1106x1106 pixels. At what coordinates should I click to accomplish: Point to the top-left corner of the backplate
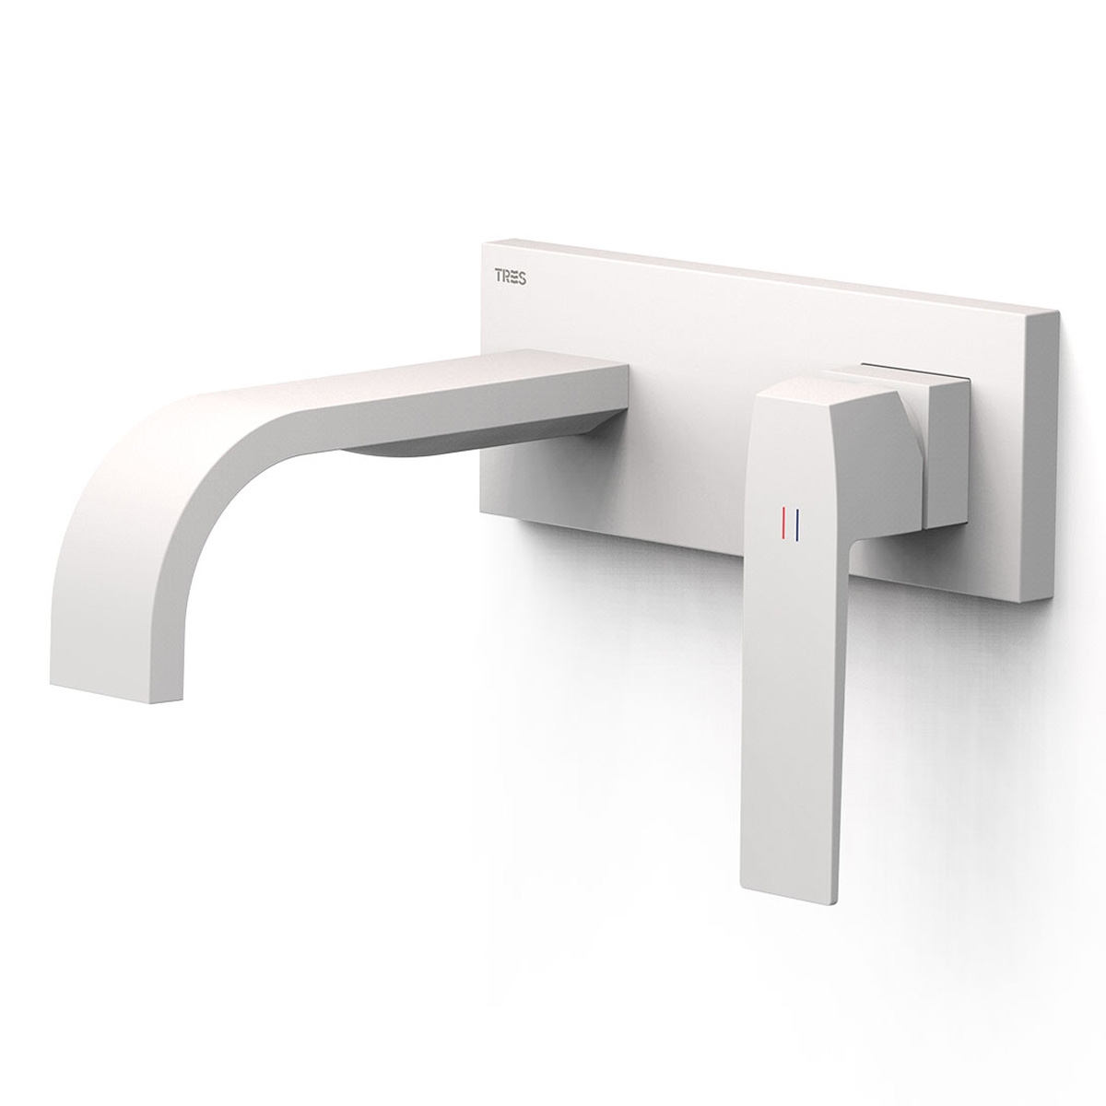pos(481,242)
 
